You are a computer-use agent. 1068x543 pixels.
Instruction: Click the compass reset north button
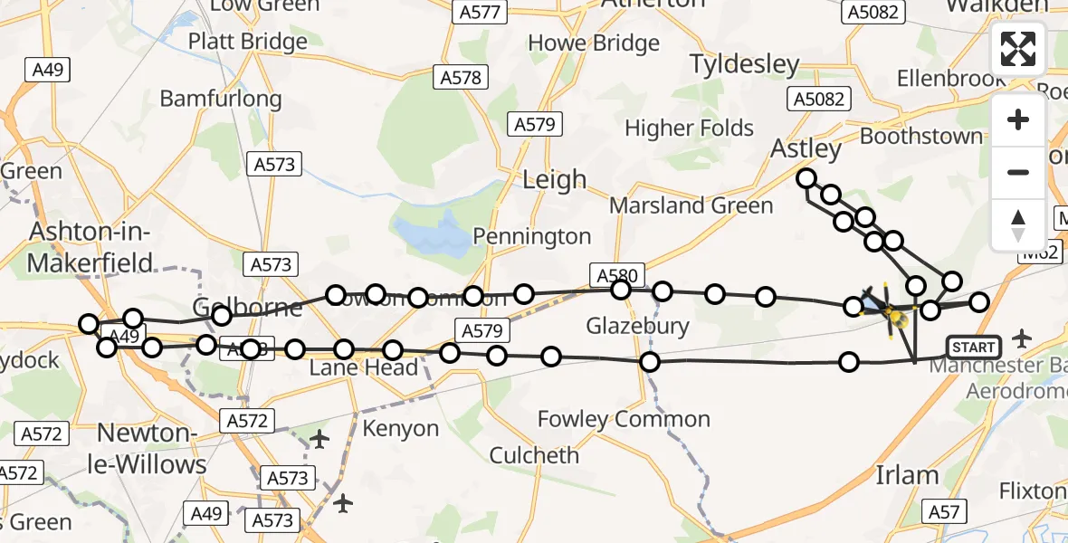click(x=1018, y=225)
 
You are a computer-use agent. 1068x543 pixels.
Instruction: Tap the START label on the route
click(x=974, y=348)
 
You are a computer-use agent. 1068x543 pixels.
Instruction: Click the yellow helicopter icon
click(x=894, y=317)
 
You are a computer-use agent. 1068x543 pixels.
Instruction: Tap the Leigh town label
click(x=555, y=179)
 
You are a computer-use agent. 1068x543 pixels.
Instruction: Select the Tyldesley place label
click(x=745, y=64)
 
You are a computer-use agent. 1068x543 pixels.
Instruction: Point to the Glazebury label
click(x=637, y=326)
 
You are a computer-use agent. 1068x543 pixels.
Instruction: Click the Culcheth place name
click(x=534, y=454)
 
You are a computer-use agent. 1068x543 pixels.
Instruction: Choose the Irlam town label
click(x=908, y=475)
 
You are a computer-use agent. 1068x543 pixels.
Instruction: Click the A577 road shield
click(x=480, y=13)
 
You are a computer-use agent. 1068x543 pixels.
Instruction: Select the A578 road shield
click(x=461, y=78)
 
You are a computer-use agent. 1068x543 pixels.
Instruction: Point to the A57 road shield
click(x=946, y=512)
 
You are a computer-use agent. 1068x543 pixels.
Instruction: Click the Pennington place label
click(x=533, y=237)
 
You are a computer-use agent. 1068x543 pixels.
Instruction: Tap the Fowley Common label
click(x=624, y=419)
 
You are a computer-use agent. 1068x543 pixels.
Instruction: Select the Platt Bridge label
click(x=248, y=42)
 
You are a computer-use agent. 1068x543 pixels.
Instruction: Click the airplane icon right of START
click(x=1023, y=339)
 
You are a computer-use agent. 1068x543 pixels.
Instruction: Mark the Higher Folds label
click(x=690, y=129)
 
